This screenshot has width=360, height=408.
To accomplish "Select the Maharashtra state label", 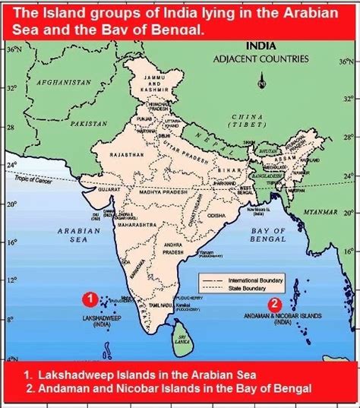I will pos(137,226).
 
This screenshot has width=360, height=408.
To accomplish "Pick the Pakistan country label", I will pos(85,122).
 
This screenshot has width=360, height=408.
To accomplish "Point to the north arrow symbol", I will pos(261,79).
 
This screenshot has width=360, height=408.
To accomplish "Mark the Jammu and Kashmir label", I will pos(158,83).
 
